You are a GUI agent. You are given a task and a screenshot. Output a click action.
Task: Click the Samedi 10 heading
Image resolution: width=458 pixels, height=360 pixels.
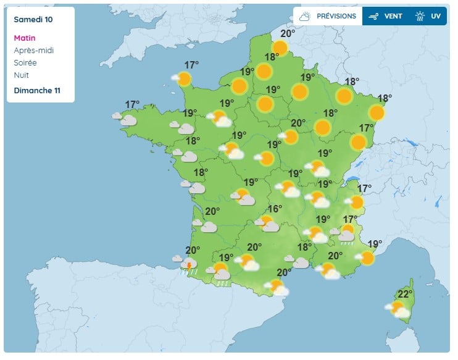pyautogui.click(x=33, y=20)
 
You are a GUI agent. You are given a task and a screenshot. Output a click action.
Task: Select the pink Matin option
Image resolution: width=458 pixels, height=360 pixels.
pyautogui.click(x=25, y=38)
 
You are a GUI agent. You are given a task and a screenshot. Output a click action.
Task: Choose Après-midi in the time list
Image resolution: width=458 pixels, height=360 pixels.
pyautogui.click(x=33, y=50)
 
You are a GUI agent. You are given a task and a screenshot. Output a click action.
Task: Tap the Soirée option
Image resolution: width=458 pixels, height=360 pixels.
pyautogui.click(x=25, y=62)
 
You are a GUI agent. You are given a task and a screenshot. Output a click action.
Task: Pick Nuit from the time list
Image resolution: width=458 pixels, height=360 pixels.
pyautogui.click(x=21, y=75)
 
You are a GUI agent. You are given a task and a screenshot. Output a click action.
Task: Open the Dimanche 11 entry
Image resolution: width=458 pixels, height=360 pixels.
pyautogui.click(x=37, y=90)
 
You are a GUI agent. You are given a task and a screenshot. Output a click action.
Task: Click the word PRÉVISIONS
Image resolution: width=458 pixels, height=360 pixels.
pyautogui.click(x=336, y=16)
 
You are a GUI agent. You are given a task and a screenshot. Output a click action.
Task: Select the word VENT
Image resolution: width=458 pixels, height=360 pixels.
pyautogui.click(x=393, y=16)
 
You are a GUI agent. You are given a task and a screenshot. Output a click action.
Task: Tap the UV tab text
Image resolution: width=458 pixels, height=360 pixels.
pyautogui.click(x=436, y=16)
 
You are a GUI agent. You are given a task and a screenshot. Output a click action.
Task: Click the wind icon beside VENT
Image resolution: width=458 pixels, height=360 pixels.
pyautogui.click(x=373, y=17)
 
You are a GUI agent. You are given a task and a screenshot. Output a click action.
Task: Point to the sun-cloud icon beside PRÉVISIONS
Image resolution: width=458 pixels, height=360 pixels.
pyautogui.click(x=305, y=17)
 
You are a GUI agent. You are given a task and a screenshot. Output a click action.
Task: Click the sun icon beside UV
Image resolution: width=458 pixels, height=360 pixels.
pyautogui.click(x=420, y=17)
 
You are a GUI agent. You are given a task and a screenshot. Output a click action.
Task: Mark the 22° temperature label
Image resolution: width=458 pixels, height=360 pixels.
pyautogui.click(x=405, y=294)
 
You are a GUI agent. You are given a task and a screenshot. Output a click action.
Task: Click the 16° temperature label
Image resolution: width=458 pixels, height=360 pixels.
pyautogui.click(x=274, y=209)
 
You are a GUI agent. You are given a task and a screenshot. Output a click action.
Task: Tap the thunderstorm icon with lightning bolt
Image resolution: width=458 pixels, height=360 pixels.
pyautogui.click(x=188, y=265)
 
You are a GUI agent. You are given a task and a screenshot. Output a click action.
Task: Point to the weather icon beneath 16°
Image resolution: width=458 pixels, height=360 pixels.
pyautogui.click(x=267, y=223)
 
